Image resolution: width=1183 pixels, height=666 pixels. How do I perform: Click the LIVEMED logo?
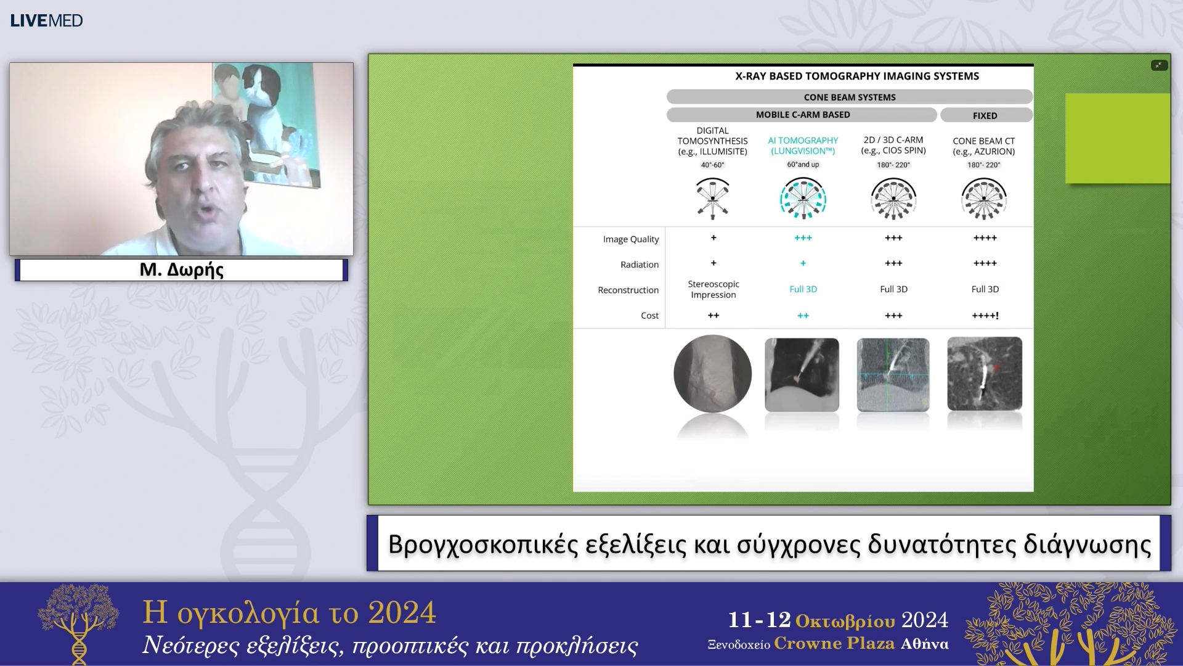click(46, 20)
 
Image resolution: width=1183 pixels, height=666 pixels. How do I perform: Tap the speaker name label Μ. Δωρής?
click(181, 269)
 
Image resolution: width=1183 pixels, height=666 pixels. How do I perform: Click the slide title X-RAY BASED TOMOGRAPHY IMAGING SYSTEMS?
click(856, 76)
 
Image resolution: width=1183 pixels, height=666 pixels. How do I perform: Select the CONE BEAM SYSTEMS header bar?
click(849, 97)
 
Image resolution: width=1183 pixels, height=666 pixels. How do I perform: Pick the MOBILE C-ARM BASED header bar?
click(802, 115)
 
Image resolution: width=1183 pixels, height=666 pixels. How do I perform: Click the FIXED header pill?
click(985, 115)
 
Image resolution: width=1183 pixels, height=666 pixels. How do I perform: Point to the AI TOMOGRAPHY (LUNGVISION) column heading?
click(802, 146)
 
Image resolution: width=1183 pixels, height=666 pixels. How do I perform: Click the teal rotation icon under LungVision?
click(802, 199)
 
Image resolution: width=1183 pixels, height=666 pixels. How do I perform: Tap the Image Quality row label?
click(630, 239)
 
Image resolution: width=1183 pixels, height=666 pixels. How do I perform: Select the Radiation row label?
click(639, 265)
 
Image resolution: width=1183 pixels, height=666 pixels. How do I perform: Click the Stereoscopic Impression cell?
click(713, 289)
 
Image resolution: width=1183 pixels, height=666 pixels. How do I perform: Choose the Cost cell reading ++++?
click(985, 316)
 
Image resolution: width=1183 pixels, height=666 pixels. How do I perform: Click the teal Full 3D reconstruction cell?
click(802, 289)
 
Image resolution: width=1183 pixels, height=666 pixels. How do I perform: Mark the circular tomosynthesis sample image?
click(712, 374)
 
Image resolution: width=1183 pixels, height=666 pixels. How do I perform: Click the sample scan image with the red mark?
click(984, 374)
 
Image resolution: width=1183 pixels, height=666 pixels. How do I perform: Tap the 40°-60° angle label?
click(712, 165)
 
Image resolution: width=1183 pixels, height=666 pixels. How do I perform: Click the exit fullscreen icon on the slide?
click(1158, 65)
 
